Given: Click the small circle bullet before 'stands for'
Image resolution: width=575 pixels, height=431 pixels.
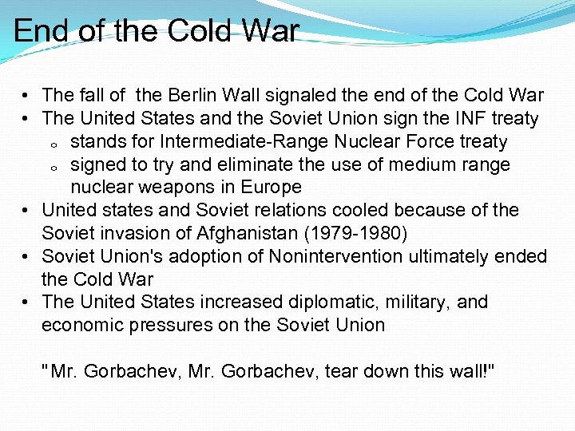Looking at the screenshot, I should [x=51, y=144].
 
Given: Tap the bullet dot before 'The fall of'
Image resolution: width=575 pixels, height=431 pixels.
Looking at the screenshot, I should [x=26, y=97].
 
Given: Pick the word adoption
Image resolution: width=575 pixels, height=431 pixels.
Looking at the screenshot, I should [x=213, y=257].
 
